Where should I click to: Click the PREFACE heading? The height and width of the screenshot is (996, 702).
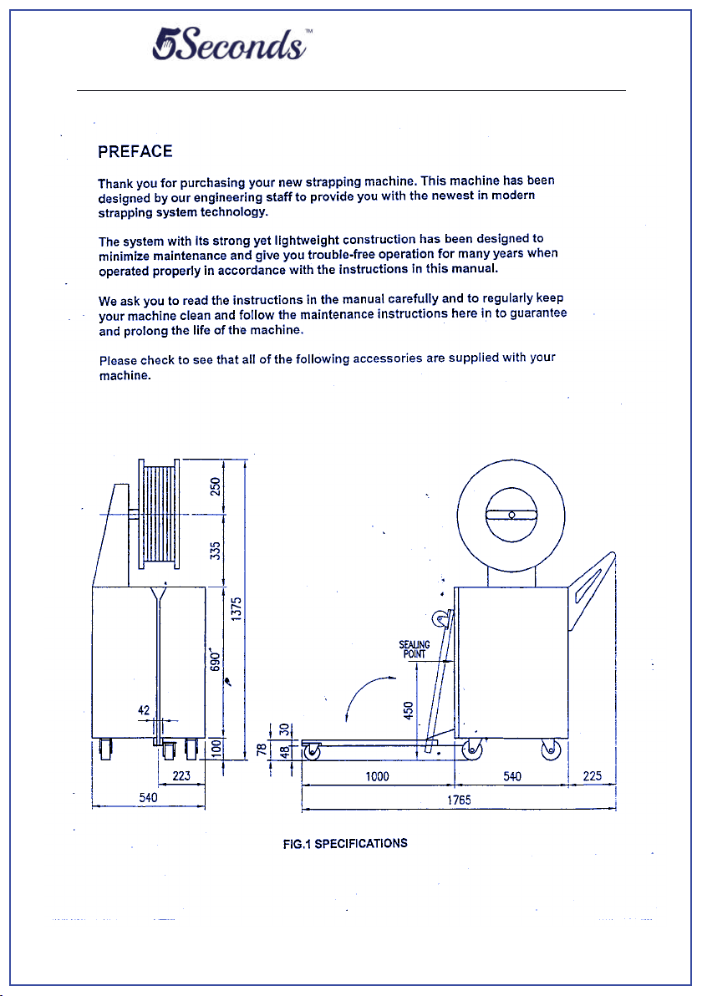pyautogui.click(x=135, y=151)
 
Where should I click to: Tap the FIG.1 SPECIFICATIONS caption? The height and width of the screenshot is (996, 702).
pyautogui.click(x=345, y=843)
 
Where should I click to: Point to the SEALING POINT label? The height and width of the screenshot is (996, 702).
pyautogui.click(x=415, y=649)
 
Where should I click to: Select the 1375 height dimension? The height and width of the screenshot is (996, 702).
pyautogui.click(x=237, y=608)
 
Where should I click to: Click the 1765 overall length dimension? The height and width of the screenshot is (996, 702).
pyautogui.click(x=458, y=800)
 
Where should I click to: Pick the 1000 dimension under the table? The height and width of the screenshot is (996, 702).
pyautogui.click(x=378, y=776)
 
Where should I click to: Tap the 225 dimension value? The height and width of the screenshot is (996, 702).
pyautogui.click(x=592, y=776)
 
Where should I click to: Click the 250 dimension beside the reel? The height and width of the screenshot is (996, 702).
pyautogui.click(x=216, y=486)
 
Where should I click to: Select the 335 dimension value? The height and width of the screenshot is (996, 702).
pyautogui.click(x=216, y=551)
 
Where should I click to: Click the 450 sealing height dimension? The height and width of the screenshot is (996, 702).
pyautogui.click(x=409, y=709)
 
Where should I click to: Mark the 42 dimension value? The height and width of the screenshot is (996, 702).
pyautogui.click(x=145, y=710)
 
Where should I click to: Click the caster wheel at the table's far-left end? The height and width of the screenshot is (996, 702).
pyautogui.click(x=313, y=752)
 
